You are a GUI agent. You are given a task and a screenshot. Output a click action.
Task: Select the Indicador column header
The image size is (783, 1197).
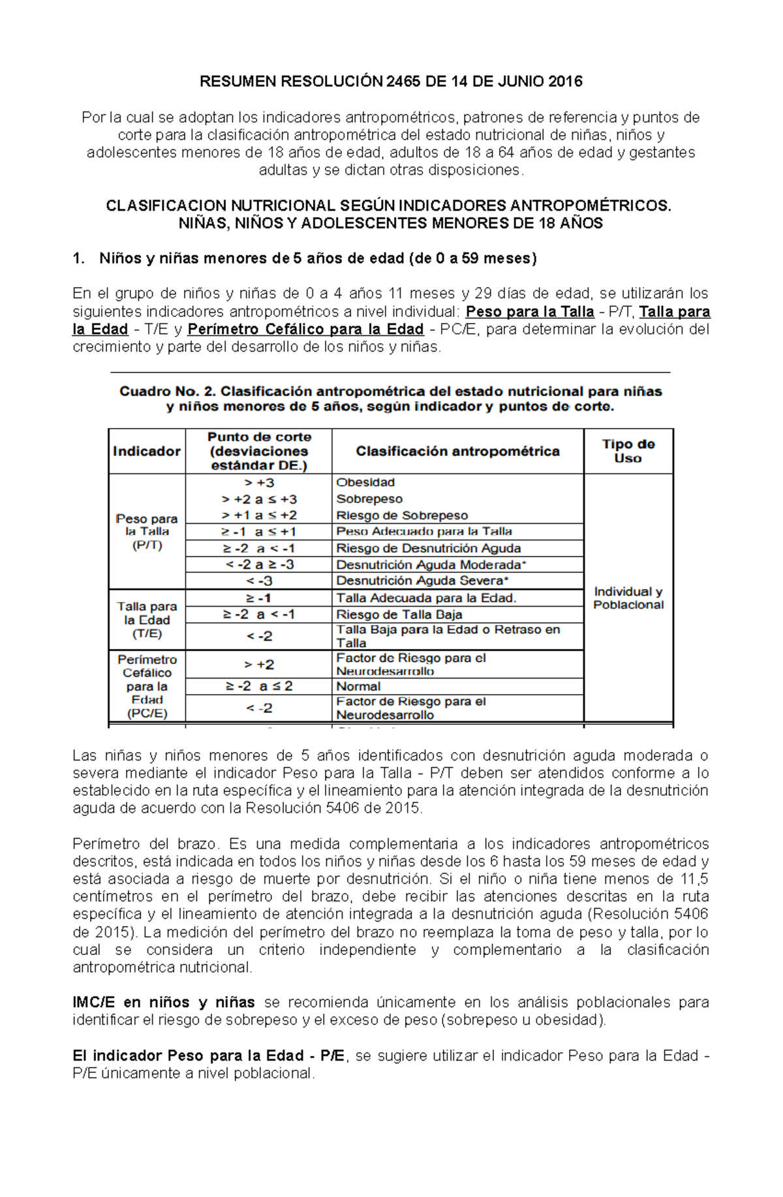pos(147,451)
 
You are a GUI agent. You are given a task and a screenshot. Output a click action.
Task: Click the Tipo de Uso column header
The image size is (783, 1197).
pos(628,451)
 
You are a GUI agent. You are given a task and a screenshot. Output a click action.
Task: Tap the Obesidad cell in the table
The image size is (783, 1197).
pos(365,483)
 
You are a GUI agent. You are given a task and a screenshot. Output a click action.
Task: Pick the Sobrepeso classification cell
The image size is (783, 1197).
pos(369,499)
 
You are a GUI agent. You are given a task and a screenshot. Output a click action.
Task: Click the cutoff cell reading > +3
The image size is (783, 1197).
pos(259,483)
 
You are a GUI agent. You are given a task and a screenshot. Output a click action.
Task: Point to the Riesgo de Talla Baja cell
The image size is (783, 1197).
pos(399,614)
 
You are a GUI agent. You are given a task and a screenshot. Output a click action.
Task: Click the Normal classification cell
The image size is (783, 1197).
pos(358,686)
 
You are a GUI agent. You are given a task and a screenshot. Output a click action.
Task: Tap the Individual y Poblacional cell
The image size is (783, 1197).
pos(628,598)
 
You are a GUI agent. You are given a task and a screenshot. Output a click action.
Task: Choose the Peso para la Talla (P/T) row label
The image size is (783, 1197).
pos(147,532)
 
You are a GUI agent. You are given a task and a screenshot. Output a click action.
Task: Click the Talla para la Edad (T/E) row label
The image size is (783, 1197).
pos(147,620)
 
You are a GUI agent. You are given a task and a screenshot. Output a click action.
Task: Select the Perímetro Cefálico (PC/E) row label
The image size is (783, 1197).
pos(147,686)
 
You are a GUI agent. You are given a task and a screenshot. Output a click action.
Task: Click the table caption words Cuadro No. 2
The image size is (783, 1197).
pos(167,391)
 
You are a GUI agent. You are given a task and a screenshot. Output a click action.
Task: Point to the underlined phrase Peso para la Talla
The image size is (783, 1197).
pos(530,312)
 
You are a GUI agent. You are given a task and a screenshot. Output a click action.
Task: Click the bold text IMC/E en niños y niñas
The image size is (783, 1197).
pos(163,1003)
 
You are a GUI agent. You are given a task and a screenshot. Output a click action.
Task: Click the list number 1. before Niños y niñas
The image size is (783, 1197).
pos(79,259)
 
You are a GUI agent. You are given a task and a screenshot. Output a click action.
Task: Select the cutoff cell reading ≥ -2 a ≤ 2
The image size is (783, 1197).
pos(259,686)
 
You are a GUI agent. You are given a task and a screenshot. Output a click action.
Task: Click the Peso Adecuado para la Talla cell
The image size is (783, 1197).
pos(424,532)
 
